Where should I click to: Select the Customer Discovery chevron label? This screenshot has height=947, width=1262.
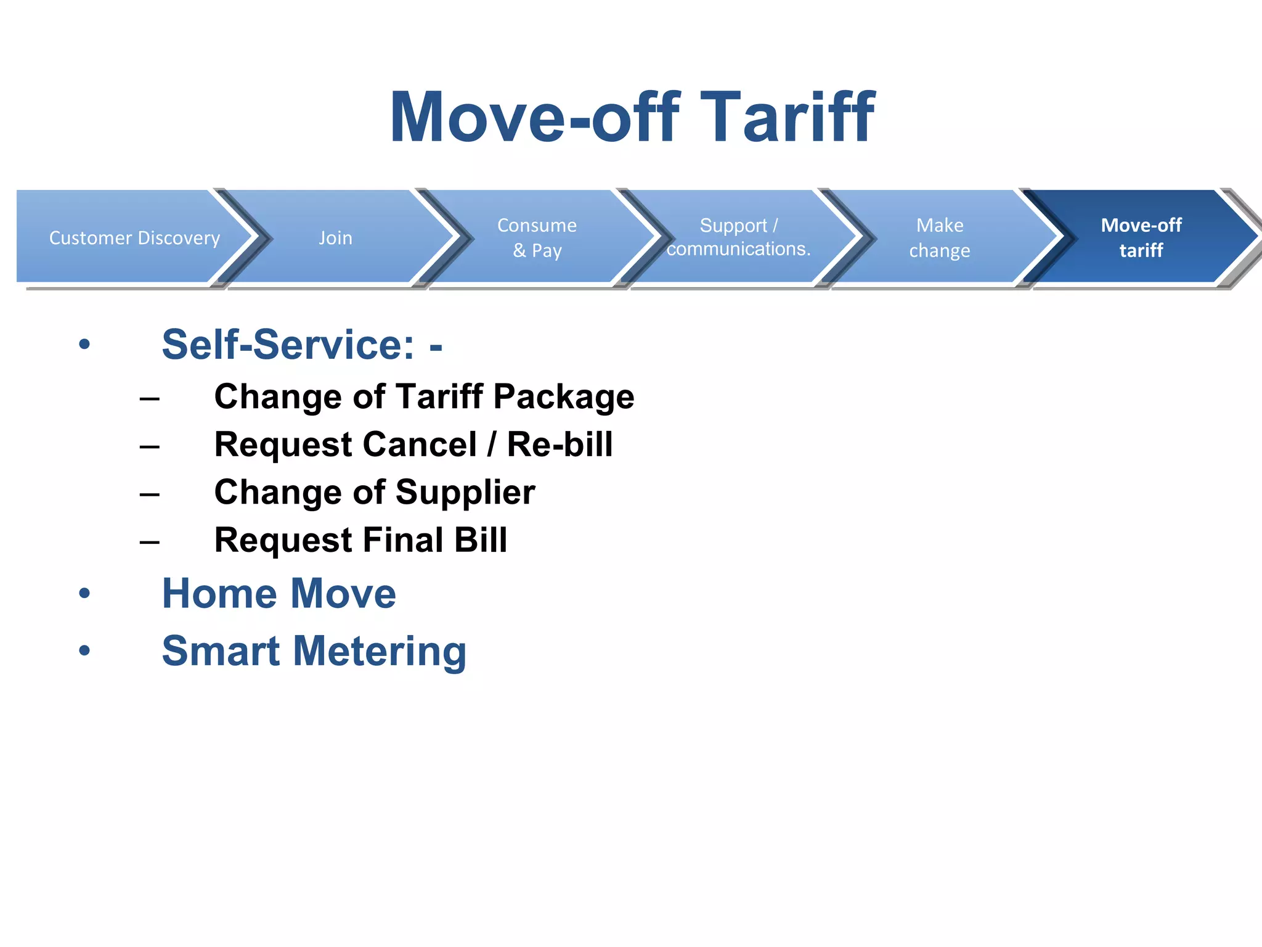[x=134, y=238]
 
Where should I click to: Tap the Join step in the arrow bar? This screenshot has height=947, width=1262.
[x=336, y=238]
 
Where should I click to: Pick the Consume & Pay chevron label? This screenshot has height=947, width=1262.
[x=537, y=238]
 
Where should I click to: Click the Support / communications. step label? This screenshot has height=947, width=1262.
[x=738, y=237]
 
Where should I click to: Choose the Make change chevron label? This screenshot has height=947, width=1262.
[x=940, y=238]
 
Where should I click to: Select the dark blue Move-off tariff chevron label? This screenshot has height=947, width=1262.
[x=1141, y=238]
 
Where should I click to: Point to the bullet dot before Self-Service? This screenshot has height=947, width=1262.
[x=84, y=345]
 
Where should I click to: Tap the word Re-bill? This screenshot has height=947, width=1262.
[x=560, y=445]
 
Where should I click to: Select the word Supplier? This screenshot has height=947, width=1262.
[x=465, y=493]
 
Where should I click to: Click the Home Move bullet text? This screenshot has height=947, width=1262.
[x=279, y=594]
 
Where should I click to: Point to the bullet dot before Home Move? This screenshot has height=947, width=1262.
[x=84, y=594]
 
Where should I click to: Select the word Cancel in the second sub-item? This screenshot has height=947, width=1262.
[x=420, y=445]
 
